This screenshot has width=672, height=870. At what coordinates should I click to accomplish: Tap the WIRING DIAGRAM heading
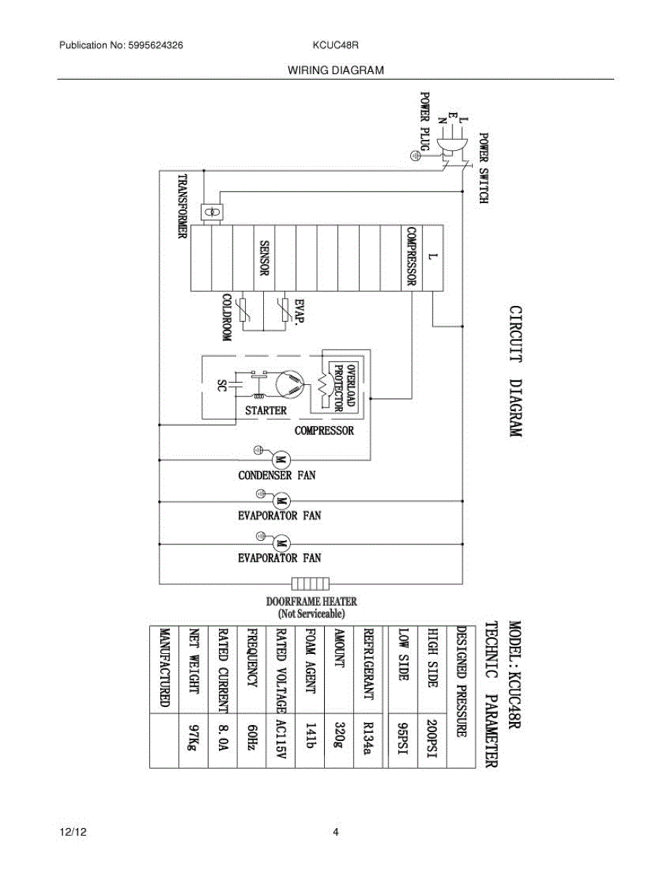[335, 70]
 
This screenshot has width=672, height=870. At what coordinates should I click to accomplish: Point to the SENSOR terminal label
[265, 258]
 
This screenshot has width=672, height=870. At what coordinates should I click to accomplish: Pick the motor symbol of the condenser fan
[281, 458]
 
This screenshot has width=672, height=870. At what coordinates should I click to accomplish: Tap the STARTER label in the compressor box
[266, 410]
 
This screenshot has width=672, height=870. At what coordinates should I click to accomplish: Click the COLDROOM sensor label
[226, 318]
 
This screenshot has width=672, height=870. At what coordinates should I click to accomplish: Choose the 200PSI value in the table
[432, 740]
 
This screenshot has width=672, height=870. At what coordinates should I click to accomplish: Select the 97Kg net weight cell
[192, 740]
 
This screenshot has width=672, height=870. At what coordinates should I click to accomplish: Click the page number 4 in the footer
[336, 832]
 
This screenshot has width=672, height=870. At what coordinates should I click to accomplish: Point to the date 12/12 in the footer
[70, 832]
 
